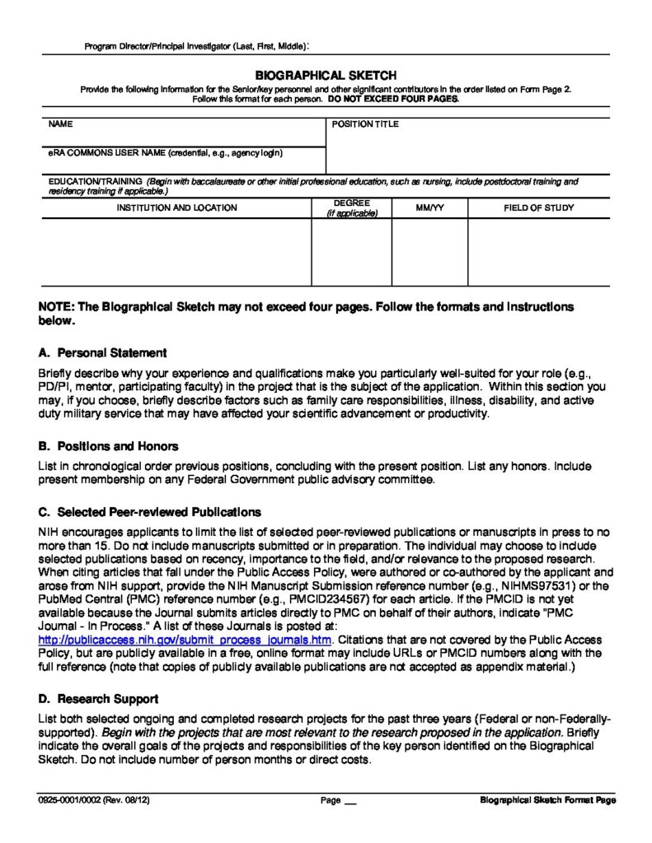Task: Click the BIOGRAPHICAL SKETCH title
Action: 326,75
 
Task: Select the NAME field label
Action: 60,124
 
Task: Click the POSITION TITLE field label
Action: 365,124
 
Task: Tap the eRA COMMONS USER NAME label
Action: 165,153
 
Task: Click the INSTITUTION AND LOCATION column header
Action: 176,207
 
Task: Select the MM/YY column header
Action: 429,207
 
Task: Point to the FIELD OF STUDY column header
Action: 539,207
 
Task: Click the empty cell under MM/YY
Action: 429,252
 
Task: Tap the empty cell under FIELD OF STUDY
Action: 539,252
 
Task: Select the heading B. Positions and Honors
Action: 108,446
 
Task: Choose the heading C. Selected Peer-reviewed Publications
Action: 149,512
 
